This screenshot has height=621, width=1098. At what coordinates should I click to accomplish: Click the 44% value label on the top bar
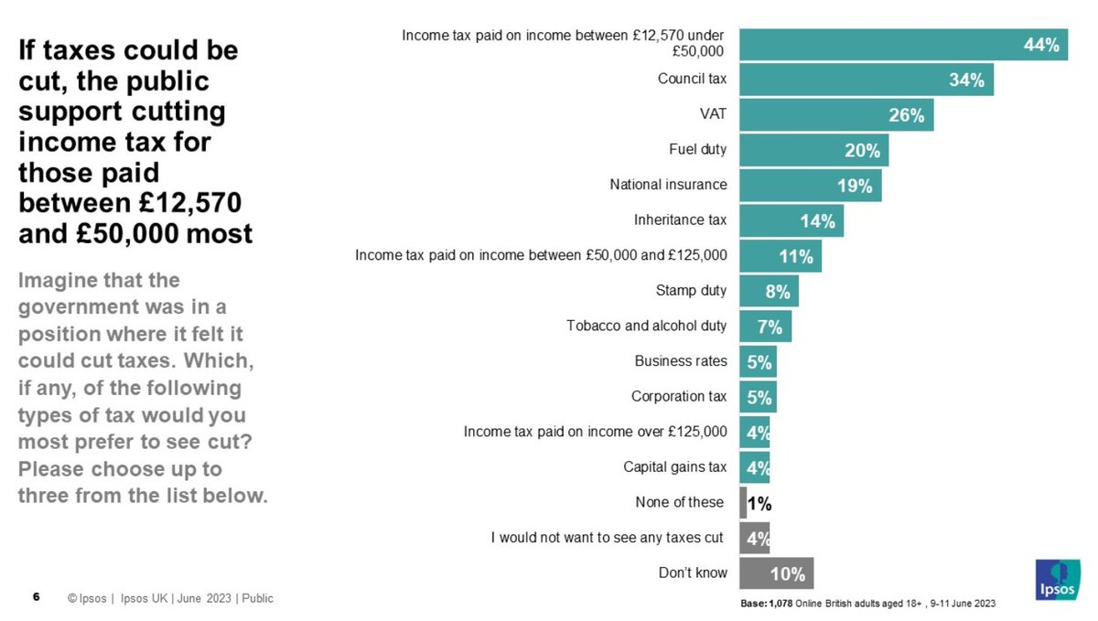[1040, 44]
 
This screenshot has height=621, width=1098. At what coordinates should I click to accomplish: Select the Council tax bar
[865, 80]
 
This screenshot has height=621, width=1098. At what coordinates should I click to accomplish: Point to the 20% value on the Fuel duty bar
[862, 150]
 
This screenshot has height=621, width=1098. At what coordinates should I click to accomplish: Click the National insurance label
[668, 185]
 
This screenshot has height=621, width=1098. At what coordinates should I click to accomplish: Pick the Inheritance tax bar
[791, 220]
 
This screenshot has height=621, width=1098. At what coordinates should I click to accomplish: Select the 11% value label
[795, 256]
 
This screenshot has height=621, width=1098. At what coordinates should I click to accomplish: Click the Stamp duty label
[691, 291]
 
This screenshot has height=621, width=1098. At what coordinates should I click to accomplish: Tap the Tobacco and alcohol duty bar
[765, 327]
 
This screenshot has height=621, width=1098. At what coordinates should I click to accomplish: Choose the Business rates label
[681, 361]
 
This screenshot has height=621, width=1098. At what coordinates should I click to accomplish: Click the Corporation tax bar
[758, 397]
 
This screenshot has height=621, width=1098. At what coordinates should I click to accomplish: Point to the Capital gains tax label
[674, 467]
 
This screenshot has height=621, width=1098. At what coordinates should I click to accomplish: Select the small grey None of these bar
[743, 503]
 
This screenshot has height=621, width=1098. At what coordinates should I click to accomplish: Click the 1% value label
[759, 503]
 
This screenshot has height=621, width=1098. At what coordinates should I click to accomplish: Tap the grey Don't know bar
[776, 573]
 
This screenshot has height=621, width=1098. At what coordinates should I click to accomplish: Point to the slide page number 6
[36, 598]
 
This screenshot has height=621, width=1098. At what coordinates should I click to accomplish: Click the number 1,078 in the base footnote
[781, 605]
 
